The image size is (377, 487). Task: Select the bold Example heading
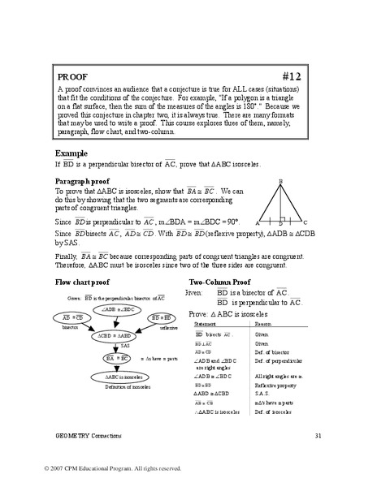coord(71,152)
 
